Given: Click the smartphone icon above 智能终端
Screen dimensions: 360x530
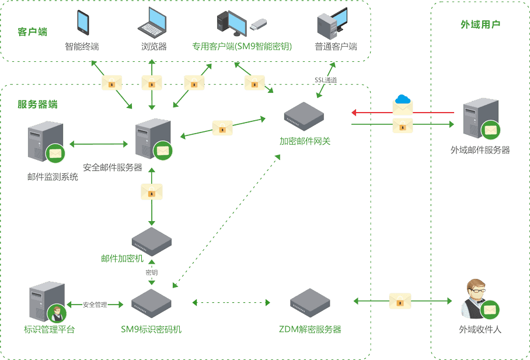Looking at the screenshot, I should tap(83, 23).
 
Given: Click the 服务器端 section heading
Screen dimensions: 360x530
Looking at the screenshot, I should tap(37, 105).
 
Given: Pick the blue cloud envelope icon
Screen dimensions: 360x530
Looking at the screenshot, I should tap(403, 103).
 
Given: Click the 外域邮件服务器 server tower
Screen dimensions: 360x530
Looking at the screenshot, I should tap(480, 120).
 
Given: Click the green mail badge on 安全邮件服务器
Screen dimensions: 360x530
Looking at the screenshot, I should tap(163, 150).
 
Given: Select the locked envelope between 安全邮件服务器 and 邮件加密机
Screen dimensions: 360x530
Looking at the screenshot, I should tap(152, 191).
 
